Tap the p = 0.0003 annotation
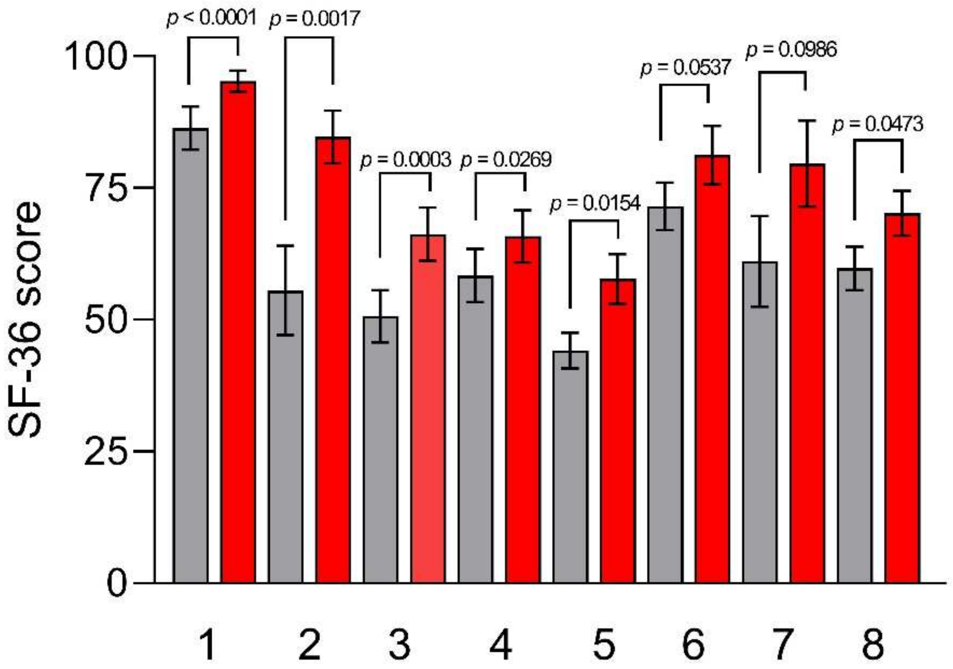click(406, 160)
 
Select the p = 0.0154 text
click(595, 203)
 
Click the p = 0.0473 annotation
click(878, 125)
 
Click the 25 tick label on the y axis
click(104, 451)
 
